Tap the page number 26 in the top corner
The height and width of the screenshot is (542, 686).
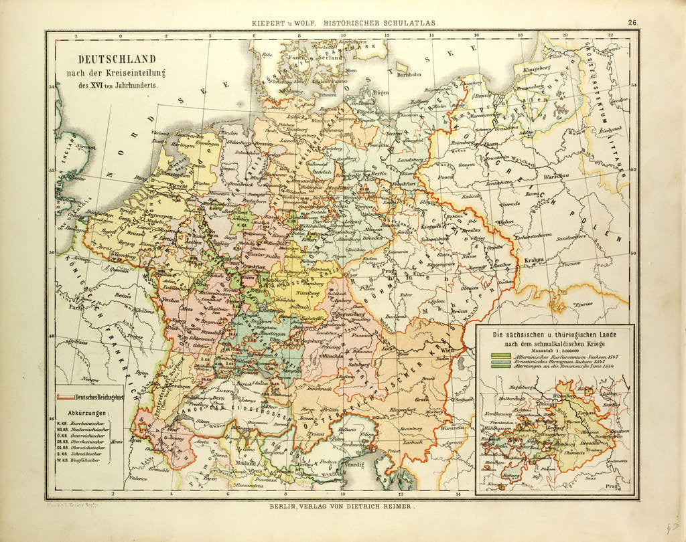pyautogui.click(x=632, y=22)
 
